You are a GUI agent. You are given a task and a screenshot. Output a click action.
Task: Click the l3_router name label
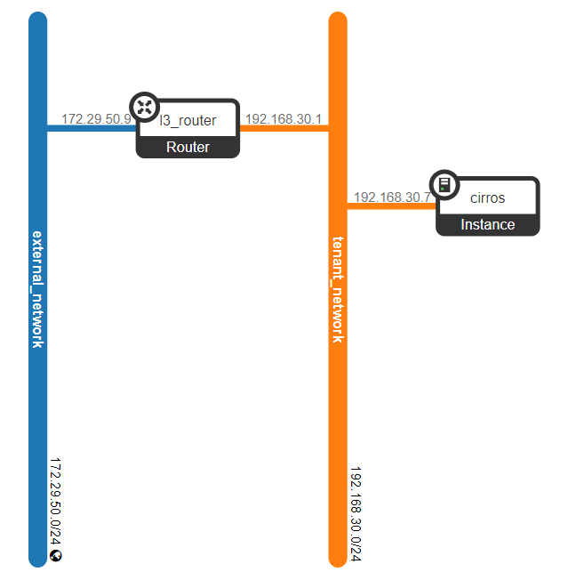click(x=188, y=120)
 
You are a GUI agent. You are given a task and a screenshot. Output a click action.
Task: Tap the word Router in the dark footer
click(x=188, y=147)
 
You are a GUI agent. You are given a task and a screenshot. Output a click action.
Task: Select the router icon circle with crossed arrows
click(x=144, y=106)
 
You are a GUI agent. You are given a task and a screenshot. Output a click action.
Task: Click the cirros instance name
click(x=487, y=197)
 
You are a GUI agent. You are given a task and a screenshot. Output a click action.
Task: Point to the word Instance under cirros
click(x=487, y=224)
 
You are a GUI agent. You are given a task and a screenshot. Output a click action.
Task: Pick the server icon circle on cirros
click(x=444, y=184)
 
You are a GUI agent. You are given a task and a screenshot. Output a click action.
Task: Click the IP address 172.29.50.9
click(x=97, y=118)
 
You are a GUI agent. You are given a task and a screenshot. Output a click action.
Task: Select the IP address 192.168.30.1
click(x=284, y=118)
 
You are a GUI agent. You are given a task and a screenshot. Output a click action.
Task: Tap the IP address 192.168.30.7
click(x=392, y=197)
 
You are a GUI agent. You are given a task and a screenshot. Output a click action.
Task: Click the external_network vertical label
click(x=37, y=288)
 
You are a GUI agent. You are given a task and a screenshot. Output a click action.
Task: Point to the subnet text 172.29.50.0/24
click(x=56, y=503)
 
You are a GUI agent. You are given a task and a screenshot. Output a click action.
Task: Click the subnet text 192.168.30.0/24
click(x=356, y=514)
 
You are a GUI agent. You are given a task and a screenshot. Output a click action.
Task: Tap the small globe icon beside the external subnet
click(x=56, y=556)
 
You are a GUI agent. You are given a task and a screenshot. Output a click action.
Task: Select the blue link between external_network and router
click(x=89, y=128)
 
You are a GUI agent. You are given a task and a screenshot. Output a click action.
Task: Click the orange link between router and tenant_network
click(x=284, y=128)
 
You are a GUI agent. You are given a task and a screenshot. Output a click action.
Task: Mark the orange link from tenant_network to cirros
click(x=391, y=206)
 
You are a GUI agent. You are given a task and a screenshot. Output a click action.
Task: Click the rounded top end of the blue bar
click(x=37, y=20)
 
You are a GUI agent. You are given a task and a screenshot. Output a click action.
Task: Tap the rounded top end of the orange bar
click(x=338, y=20)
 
